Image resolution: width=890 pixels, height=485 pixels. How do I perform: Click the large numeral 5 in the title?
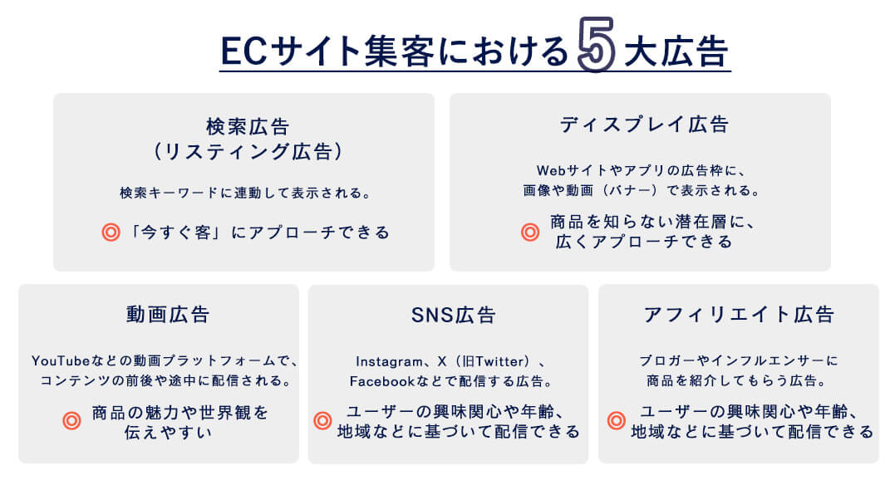[596, 44]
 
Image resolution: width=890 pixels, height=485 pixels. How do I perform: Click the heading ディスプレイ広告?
[644, 125]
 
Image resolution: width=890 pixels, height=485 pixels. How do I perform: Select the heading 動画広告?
[168, 314]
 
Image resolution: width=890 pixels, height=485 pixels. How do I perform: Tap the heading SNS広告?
[454, 315]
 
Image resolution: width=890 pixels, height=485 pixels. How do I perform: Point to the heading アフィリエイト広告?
[739, 314]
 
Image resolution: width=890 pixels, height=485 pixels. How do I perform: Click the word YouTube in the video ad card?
[61, 360]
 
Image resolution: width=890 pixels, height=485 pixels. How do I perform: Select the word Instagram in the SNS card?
[389, 361]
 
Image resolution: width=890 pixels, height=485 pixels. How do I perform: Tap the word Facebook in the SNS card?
[381, 381]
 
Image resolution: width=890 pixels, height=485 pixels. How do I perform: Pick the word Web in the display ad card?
[550, 170]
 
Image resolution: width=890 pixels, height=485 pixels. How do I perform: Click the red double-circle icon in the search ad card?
[111, 232]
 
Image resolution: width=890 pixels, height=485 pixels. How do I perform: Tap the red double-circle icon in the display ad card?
[530, 232]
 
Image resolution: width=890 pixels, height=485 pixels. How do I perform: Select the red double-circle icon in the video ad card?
[71, 421]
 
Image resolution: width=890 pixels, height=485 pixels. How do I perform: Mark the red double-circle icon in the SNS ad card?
[322, 420]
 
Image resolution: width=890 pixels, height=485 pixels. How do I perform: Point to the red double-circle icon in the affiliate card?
[617, 420]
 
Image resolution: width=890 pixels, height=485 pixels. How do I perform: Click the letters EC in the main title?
[243, 51]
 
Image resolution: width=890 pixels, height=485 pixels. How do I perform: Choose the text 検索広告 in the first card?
[248, 126]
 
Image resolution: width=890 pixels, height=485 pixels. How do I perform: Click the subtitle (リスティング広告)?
[248, 151]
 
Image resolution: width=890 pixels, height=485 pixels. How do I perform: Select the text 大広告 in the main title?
[676, 51]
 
